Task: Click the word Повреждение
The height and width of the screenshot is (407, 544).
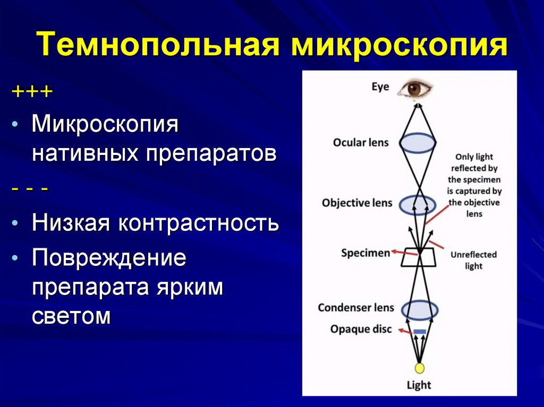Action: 109,258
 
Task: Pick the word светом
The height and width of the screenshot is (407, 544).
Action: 71,317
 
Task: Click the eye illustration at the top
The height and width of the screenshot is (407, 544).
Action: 418,88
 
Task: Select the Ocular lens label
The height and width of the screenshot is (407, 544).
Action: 361,142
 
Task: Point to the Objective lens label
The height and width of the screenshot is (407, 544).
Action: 357,203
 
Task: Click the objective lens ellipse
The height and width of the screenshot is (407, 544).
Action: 418,204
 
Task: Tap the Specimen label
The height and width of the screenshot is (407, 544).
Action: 365,253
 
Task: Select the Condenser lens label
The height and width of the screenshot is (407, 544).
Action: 356,308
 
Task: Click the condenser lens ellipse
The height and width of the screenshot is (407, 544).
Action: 419,309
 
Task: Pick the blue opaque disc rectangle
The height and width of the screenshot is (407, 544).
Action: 420,332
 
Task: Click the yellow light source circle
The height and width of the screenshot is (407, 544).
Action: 419,368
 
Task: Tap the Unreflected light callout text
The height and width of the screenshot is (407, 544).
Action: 473,260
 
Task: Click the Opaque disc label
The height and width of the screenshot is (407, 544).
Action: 361,330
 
